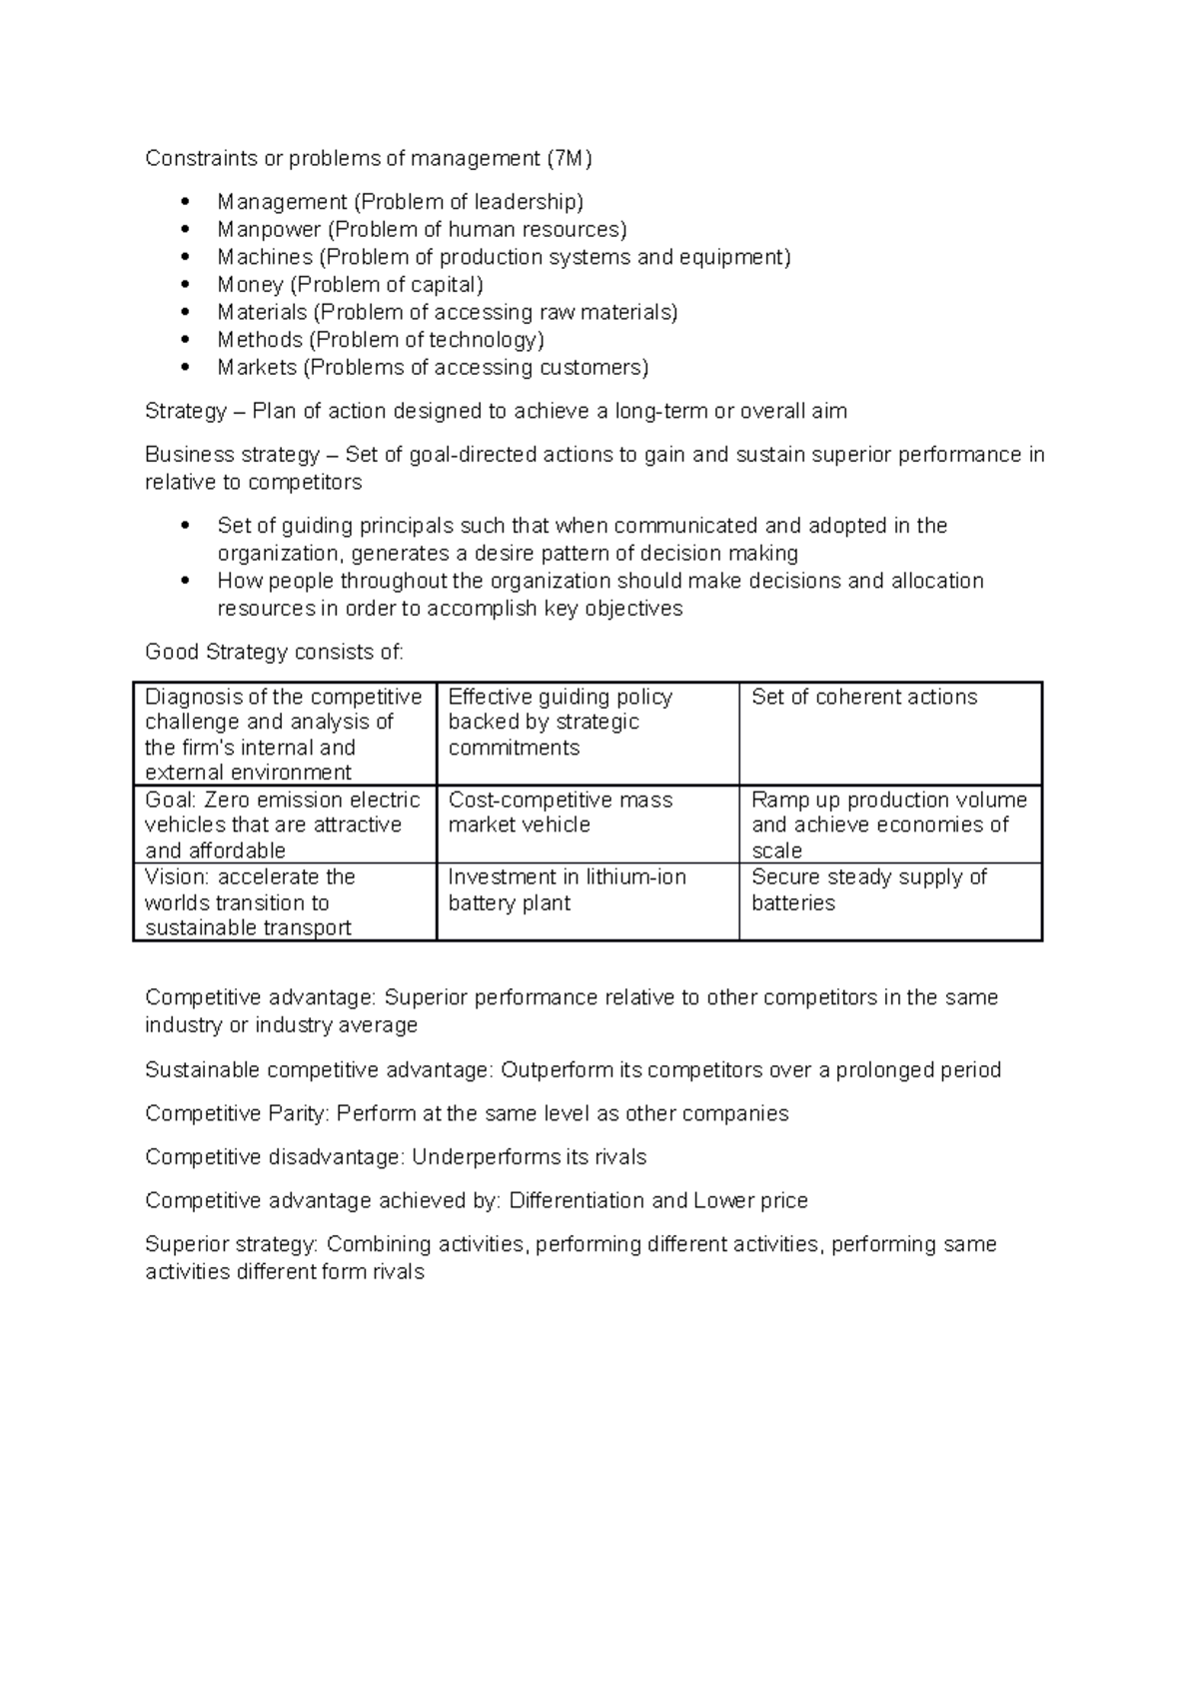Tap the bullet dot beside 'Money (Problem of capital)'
[185, 285]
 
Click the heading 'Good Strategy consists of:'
[274, 653]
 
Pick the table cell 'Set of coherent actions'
[864, 698]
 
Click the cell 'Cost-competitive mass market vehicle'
[560, 813]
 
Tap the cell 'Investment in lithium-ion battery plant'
[567, 889]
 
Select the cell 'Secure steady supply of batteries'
[868, 889]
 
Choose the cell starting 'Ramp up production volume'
[888, 825]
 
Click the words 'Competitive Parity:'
[238, 1113]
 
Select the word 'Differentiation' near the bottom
[577, 1200]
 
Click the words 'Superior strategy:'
[232, 1244]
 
